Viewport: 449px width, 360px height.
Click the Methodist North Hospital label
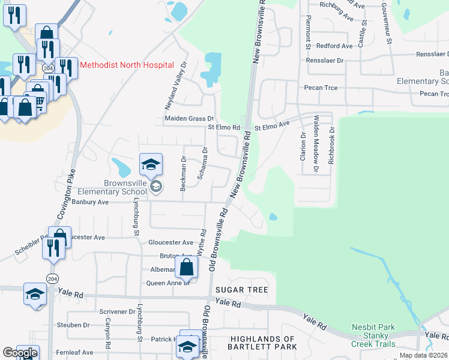[x=127, y=65]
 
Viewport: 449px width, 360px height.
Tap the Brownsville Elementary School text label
[x=108, y=188]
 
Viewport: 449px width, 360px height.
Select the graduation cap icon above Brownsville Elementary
[x=151, y=164]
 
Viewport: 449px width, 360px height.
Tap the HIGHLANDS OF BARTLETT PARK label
[x=262, y=343]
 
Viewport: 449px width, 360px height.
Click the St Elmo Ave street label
[x=272, y=127]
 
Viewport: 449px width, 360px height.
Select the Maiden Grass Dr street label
[x=190, y=119]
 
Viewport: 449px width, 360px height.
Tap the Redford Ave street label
[x=334, y=46]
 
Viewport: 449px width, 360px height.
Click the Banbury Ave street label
[x=90, y=202]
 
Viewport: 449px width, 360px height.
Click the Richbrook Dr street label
[x=331, y=146]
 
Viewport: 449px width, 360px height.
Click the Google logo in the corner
[x=20, y=353]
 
